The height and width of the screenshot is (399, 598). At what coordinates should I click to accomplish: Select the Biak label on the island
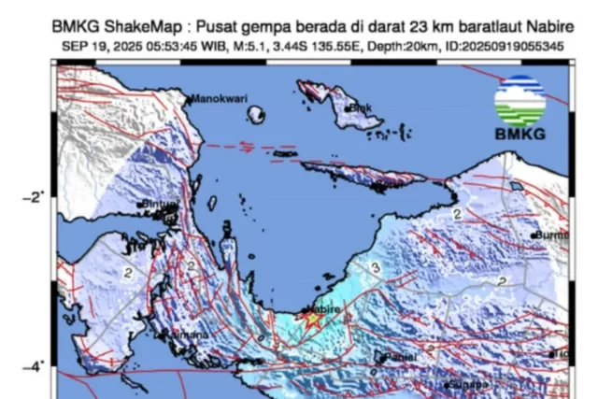click(362, 108)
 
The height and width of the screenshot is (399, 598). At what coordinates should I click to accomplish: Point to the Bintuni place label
click(159, 204)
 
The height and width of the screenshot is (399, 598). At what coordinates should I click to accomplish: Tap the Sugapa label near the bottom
click(466, 384)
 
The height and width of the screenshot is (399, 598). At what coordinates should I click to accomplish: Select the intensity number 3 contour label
click(375, 268)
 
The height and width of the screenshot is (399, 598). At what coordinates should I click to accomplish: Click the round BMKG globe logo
click(520, 101)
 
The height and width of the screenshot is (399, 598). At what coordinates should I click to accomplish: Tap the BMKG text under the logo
click(520, 134)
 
